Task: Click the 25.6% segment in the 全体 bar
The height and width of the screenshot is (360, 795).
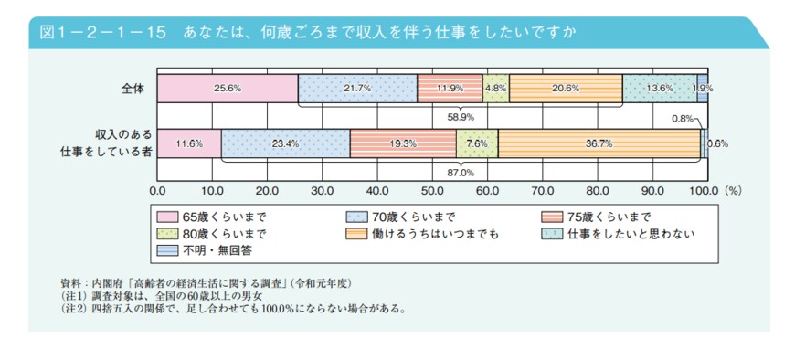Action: (x=227, y=89)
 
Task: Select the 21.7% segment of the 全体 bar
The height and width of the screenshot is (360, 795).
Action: (x=357, y=89)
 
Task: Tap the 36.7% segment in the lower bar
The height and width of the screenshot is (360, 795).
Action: (x=599, y=143)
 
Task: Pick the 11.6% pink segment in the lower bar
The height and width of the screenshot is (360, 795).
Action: (x=188, y=143)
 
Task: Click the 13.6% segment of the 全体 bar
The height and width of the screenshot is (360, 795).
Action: (x=660, y=89)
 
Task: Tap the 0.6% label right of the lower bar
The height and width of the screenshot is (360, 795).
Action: (x=718, y=143)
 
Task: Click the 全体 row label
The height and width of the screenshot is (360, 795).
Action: (x=132, y=89)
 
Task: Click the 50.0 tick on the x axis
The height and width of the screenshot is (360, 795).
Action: (x=432, y=192)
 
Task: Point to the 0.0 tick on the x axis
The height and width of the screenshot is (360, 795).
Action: (x=157, y=192)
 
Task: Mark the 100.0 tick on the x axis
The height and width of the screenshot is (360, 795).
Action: (x=704, y=192)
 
